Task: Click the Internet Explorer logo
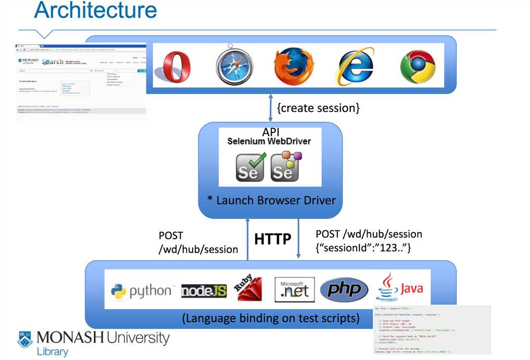tap(356, 67)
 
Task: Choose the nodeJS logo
tap(204, 291)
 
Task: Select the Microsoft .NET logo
tap(294, 289)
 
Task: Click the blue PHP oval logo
tap(344, 290)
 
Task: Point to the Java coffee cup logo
tap(399, 287)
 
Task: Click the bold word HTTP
tap(272, 239)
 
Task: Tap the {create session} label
tap(318, 108)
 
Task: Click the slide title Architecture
tap(95, 10)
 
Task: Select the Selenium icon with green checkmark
tap(249, 166)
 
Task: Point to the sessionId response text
tap(363, 248)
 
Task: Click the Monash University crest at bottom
tap(24, 339)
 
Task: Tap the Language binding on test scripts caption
tap(270, 318)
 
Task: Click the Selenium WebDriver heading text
tap(269, 141)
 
